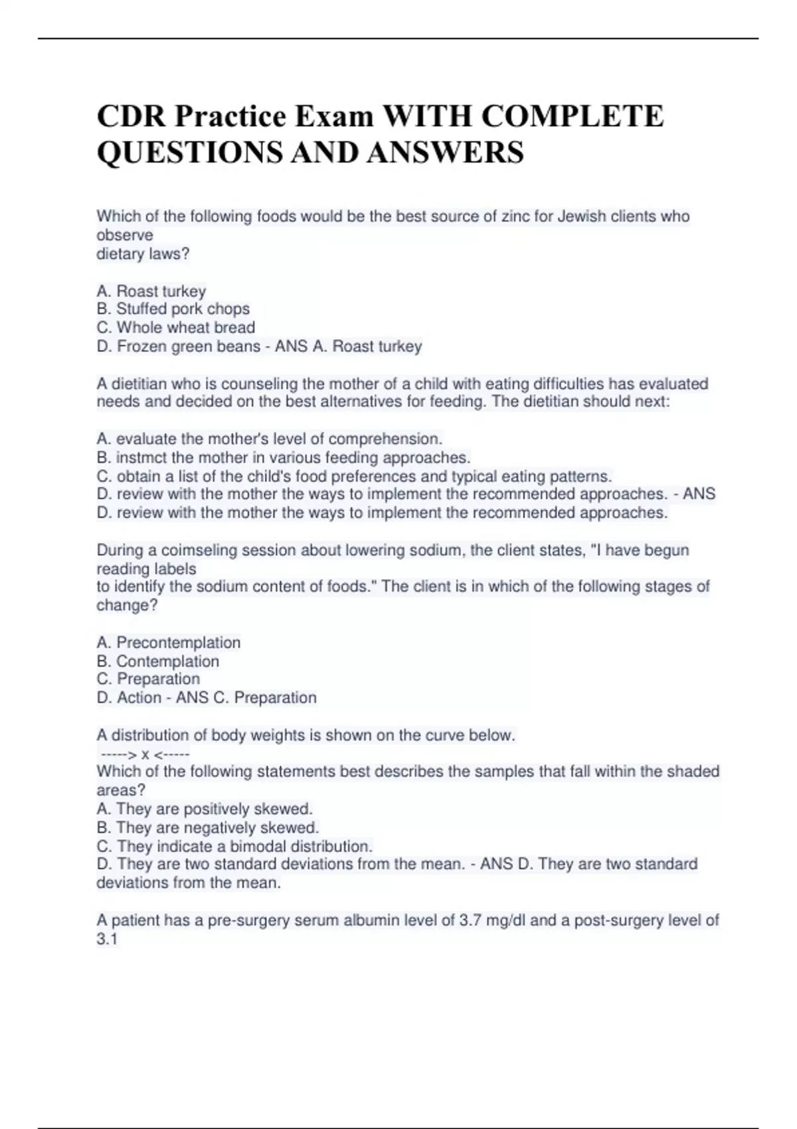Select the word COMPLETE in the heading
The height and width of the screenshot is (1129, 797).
coord(572,117)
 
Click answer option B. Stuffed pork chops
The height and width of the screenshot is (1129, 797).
coord(173,309)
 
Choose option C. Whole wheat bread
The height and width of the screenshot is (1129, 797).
coord(176,327)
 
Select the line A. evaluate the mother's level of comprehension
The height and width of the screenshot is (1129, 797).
coord(270,439)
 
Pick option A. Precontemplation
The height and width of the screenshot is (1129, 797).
coord(169,642)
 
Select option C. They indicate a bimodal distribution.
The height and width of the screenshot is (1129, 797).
coord(234,846)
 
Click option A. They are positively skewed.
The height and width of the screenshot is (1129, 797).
coord(205,809)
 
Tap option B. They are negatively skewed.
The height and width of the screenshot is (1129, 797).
coord(208,827)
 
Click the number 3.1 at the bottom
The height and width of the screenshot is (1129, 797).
coord(107,939)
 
